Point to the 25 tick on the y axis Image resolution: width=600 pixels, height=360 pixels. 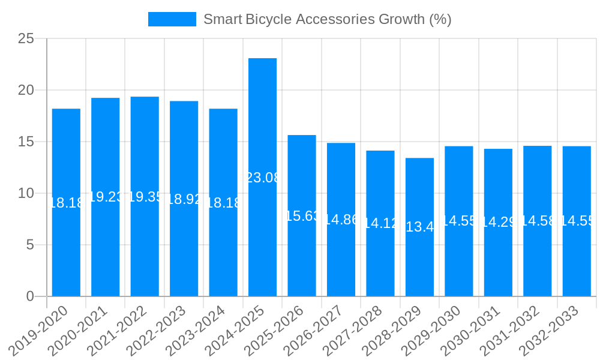pos(26,39)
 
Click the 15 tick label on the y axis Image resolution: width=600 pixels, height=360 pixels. pos(26,142)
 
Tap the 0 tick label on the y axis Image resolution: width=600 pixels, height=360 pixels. pos(31,296)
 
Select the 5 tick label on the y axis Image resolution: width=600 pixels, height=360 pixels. pos(31,245)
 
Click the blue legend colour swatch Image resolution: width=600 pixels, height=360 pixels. pos(172,19)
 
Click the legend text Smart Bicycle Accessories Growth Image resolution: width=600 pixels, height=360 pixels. pos(327,19)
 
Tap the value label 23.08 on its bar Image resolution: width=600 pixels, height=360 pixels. pos(263,178)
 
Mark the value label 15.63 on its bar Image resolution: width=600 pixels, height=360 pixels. pos(302,216)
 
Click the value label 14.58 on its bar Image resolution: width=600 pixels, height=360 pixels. pos(538,221)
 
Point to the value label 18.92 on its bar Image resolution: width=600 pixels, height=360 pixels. pos(184,199)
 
